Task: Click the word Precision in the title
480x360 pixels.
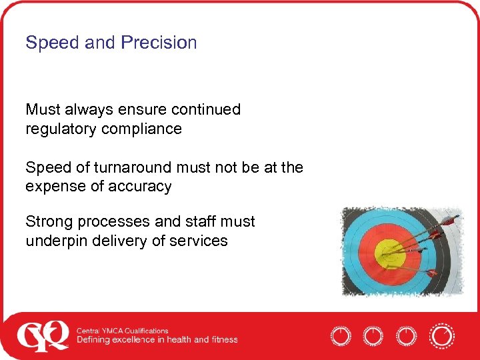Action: [x=159, y=43]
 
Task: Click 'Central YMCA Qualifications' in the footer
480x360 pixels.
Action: [x=122, y=331]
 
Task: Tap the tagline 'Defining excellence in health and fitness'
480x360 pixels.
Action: [x=157, y=340]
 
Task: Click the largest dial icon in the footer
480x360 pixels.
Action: [x=441, y=335]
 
